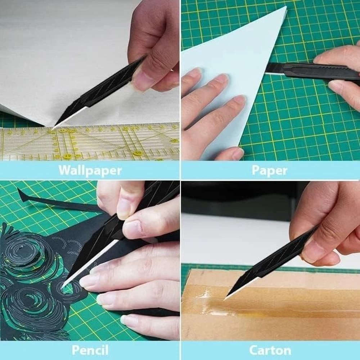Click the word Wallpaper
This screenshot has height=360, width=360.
click(90, 170)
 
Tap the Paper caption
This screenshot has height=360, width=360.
click(269, 171)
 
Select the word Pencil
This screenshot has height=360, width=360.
click(90, 350)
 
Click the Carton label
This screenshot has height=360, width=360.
click(270, 350)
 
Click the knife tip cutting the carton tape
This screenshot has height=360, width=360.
click(224, 300)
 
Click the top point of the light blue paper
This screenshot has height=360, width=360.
click(286, 7)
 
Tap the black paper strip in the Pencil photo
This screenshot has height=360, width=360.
click(57, 202)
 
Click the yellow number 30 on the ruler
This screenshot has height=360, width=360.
click(138, 152)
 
